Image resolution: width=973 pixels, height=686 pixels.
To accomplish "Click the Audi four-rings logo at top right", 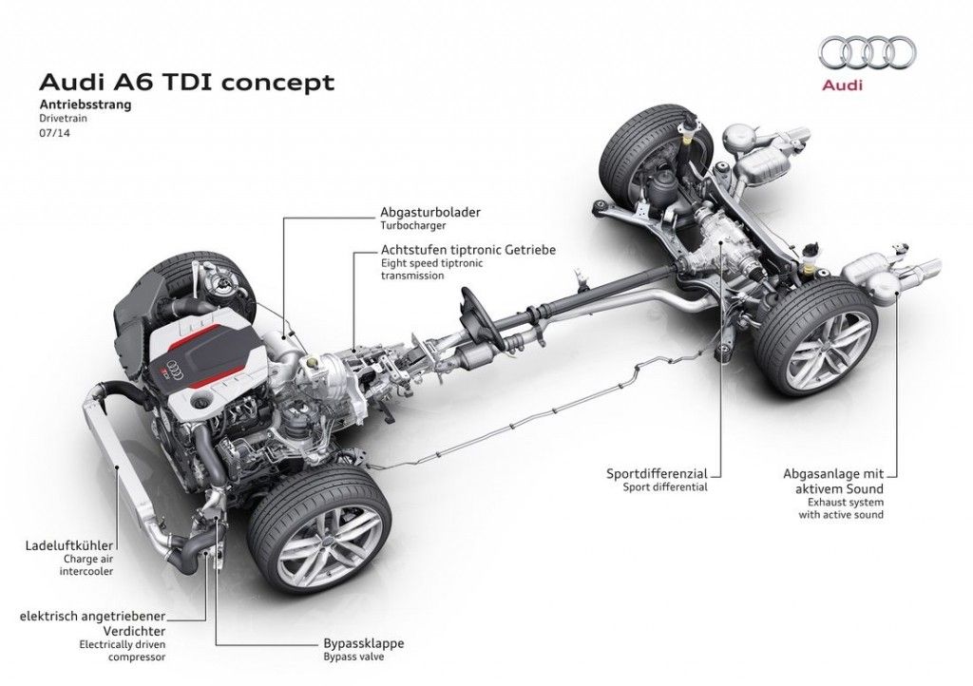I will pyautogui.click(x=864, y=53).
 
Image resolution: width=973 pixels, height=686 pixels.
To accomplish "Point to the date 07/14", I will pyautogui.click(x=54, y=135).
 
